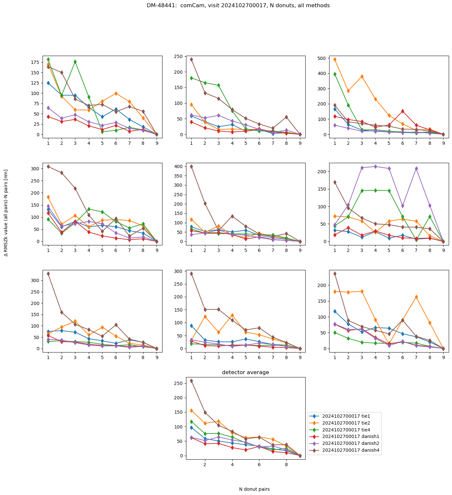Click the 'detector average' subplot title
tap(246, 372)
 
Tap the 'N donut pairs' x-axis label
tap(254, 489)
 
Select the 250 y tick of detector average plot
tap(179, 383)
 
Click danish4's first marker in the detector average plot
tap(191, 381)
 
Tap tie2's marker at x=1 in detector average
tap(191, 410)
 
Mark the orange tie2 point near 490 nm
tap(335, 60)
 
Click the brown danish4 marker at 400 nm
tap(191, 166)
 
